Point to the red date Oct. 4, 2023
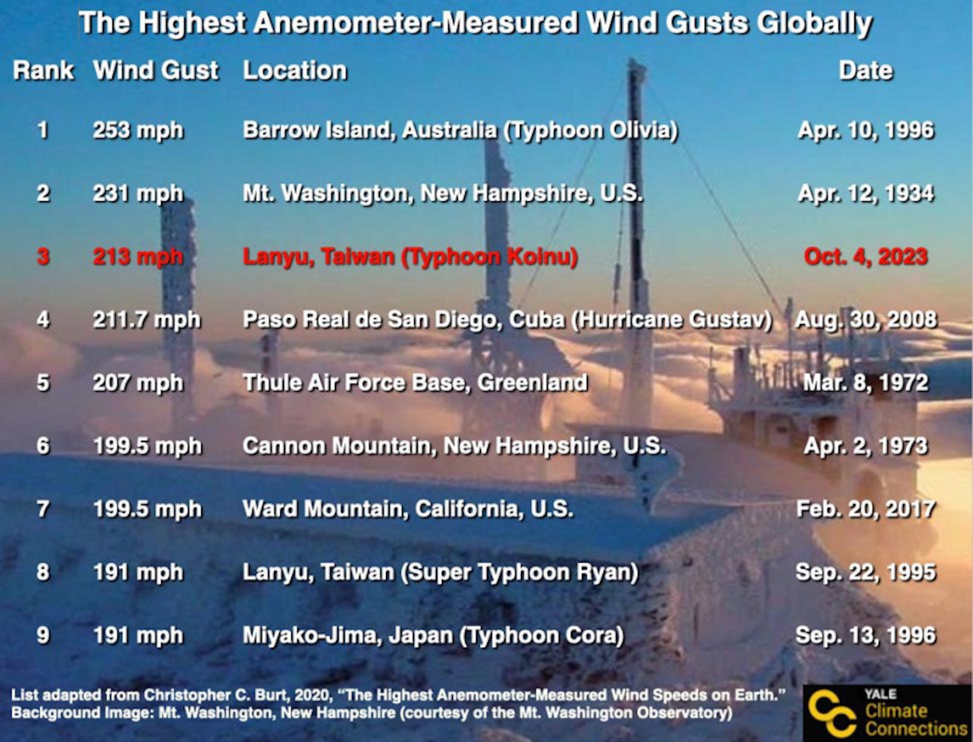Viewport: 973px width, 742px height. click(866, 257)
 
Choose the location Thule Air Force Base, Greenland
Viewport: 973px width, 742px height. click(415, 383)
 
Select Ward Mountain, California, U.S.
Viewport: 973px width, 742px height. click(408, 509)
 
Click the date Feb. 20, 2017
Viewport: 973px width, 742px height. click(866, 509)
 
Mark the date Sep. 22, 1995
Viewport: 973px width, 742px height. click(866, 573)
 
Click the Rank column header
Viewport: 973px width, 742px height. click(44, 70)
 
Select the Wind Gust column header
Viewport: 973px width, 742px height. click(156, 70)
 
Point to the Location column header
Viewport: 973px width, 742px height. click(295, 70)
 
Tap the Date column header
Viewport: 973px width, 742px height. click(866, 70)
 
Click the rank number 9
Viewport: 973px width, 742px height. click(43, 636)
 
